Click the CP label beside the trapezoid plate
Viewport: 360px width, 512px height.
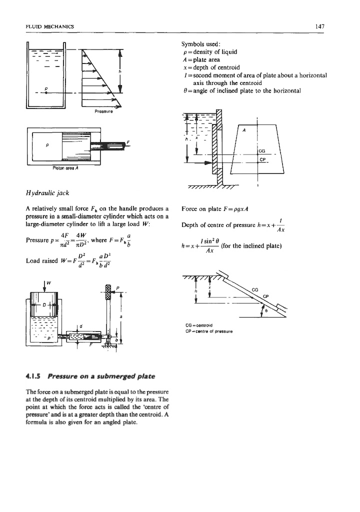click(x=261, y=160)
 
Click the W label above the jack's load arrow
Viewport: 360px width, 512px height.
click(x=48, y=287)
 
